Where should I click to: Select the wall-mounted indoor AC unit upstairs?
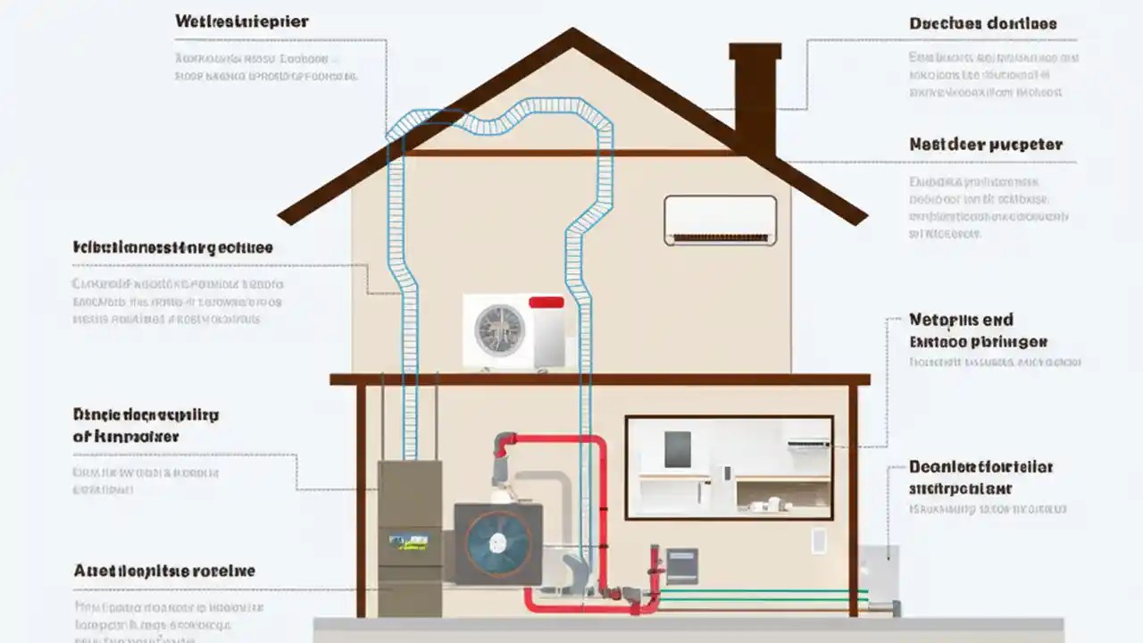coord(720,220)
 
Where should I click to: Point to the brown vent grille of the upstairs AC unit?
coord(720,238)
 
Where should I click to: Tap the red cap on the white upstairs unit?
coord(546,303)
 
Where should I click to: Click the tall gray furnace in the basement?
coord(410,536)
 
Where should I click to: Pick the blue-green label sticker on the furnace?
coord(410,541)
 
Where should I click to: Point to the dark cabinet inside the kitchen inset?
coord(678,449)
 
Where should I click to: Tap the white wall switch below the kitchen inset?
coord(819,541)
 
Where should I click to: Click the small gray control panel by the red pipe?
coord(682,565)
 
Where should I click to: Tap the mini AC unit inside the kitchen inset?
coord(807,441)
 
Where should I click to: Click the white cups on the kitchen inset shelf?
coord(763,505)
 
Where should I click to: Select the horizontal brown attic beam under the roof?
coord(571,153)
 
